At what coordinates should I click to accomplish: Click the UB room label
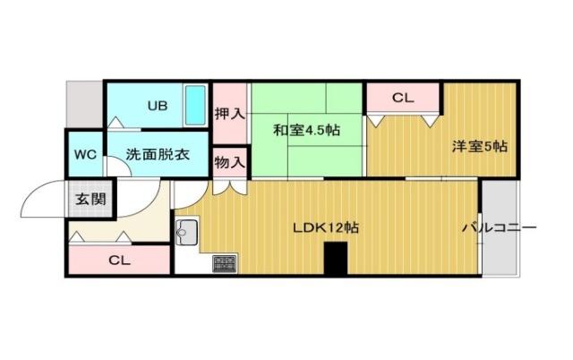coord(157,106)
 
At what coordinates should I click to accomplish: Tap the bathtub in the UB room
coord(196,106)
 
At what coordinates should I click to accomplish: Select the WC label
coord(85,154)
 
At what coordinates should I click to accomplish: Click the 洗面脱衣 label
coord(157,154)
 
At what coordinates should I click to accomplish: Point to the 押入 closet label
coord(230,114)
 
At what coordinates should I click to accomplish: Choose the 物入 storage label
coord(230,161)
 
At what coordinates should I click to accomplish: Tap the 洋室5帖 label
coord(479,146)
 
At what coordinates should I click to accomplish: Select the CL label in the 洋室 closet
coord(403,97)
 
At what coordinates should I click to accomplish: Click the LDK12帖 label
coord(326,228)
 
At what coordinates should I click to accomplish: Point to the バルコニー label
coord(499,228)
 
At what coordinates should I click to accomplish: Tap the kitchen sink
coord(188,233)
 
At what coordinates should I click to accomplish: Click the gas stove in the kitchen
coord(225,263)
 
